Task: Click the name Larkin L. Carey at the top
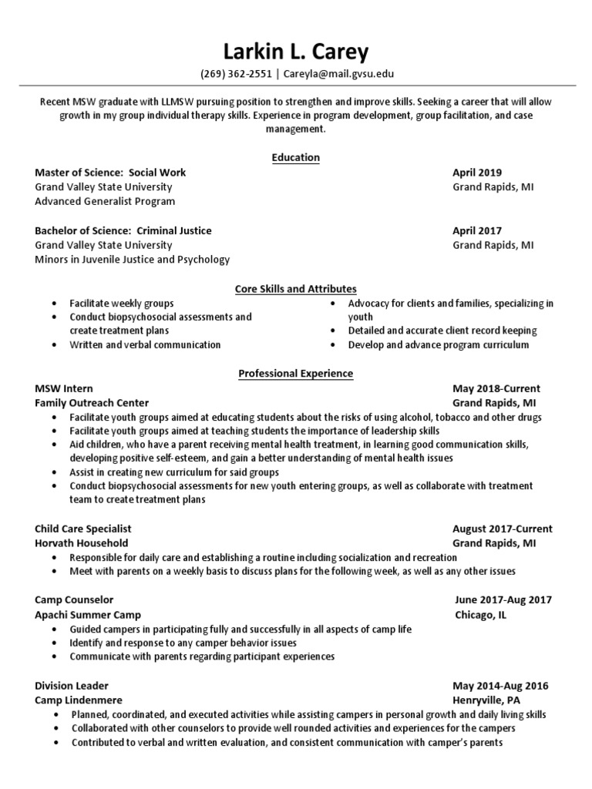pyautogui.click(x=296, y=52)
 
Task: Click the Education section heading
pyautogui.click(x=295, y=158)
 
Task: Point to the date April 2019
pyautogui.click(x=476, y=173)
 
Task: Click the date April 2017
pyautogui.click(x=476, y=230)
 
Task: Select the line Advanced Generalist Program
pyautogui.click(x=105, y=201)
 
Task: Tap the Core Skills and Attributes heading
pyautogui.click(x=295, y=289)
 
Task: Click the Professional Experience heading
pyautogui.click(x=295, y=374)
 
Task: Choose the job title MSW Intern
pyautogui.click(x=64, y=388)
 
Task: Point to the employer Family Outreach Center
pyautogui.click(x=92, y=403)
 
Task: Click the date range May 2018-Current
pyautogui.click(x=496, y=388)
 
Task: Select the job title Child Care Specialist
pyautogui.click(x=83, y=529)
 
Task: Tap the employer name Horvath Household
pyautogui.click(x=82, y=543)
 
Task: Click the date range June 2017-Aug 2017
pyautogui.click(x=503, y=600)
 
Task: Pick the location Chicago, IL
pyautogui.click(x=480, y=615)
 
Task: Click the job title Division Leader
pyautogui.click(x=72, y=686)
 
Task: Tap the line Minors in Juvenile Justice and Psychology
pyautogui.click(x=132, y=260)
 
